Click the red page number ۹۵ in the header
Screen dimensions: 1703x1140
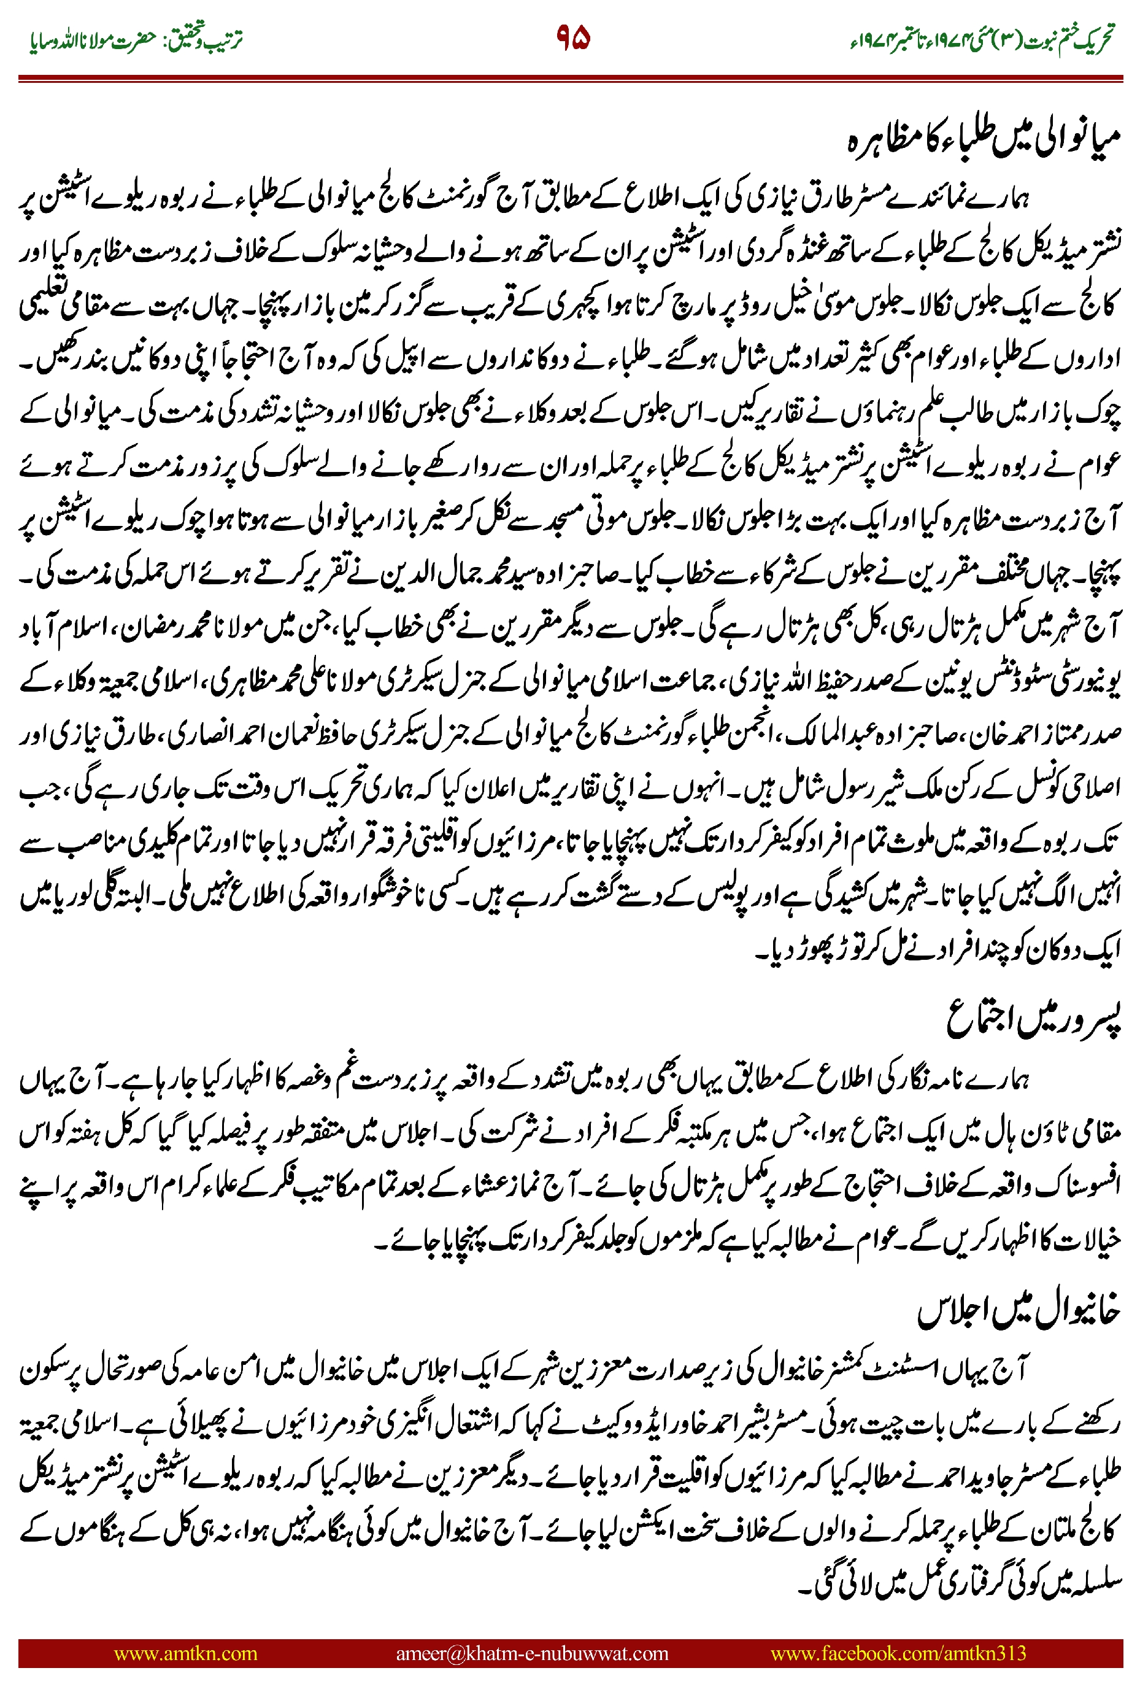[573, 37]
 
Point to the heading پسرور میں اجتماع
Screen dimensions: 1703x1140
[1033, 1019]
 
